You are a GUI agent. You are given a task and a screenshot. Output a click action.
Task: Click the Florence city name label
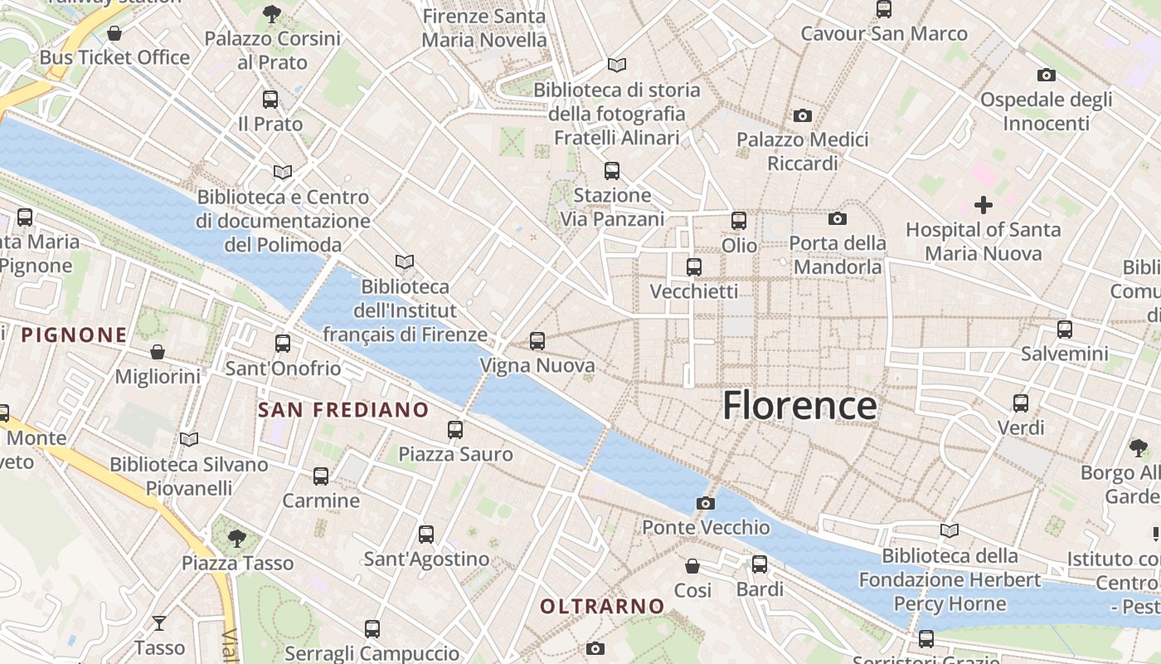click(799, 406)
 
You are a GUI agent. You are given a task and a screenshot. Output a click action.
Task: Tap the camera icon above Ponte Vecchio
click(705, 503)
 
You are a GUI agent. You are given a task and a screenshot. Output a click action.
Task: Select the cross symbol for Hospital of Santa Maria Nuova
click(984, 204)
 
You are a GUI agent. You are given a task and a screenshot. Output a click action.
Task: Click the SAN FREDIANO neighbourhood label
click(343, 410)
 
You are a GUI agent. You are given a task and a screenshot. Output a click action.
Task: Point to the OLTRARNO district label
click(603, 607)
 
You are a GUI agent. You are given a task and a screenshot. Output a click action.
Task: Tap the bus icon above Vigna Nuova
click(537, 341)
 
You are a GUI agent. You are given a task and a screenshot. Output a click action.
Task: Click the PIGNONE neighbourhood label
click(75, 335)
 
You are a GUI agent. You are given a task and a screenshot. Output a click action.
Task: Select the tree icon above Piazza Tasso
click(237, 538)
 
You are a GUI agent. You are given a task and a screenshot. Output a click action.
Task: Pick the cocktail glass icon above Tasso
click(159, 622)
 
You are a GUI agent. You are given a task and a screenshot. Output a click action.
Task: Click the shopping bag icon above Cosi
click(692, 566)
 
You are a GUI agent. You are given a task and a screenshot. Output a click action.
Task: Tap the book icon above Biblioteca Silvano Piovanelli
click(189, 439)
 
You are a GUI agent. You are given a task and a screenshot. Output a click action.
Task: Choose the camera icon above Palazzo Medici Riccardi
click(802, 115)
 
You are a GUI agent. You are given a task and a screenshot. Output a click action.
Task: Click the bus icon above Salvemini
click(1065, 330)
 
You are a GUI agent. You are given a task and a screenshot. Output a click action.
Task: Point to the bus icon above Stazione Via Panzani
click(612, 171)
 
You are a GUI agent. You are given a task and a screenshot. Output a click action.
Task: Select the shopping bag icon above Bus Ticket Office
click(114, 33)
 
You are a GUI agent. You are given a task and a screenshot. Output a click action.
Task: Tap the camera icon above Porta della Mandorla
click(838, 219)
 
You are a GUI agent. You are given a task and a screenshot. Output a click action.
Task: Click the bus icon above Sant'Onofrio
click(283, 344)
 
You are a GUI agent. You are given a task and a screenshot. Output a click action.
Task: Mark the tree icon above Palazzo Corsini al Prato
click(272, 13)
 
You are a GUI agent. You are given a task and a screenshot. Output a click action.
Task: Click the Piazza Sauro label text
click(455, 455)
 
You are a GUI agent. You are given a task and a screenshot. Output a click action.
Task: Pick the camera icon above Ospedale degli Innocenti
click(1047, 76)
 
